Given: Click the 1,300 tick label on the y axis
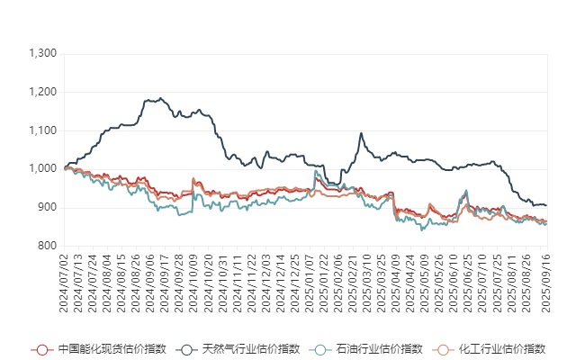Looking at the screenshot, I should click(x=43, y=54).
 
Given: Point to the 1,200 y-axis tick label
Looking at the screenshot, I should click(x=43, y=92).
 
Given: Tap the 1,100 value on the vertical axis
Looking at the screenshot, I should click(x=43, y=130).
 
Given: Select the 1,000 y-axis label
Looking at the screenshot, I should click(x=43, y=168).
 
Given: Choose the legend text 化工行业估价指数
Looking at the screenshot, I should click(x=501, y=349).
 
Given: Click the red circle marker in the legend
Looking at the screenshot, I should click(x=40, y=349).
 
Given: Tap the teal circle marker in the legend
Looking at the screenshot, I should click(x=319, y=349).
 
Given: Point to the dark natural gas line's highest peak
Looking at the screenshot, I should click(x=160, y=98).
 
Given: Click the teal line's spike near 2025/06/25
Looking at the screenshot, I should click(x=465, y=191).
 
